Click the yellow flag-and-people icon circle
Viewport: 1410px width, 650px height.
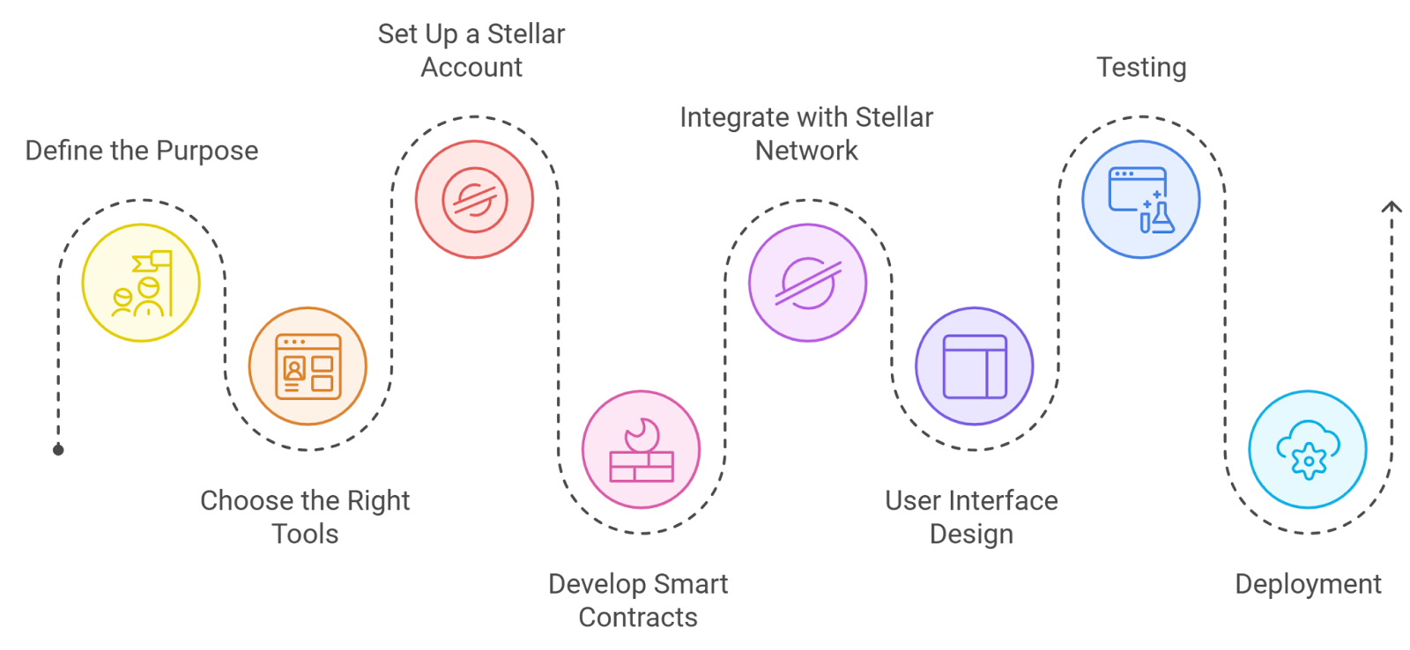coord(141,283)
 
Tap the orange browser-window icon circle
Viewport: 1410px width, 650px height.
coord(308,366)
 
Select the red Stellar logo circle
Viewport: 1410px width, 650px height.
coord(474,200)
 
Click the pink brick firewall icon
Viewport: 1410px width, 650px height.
coord(642,450)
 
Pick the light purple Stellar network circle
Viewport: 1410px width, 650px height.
coord(807,283)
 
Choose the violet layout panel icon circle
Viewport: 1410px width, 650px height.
coord(974,366)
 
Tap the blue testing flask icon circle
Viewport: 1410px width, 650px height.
coord(1140,200)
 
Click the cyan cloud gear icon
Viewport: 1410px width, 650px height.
coord(1308,450)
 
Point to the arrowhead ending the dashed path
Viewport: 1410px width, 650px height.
coord(1391,206)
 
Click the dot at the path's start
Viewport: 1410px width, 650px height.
coord(58,450)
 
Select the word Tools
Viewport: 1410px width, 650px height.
coord(305,535)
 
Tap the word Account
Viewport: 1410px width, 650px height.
coord(471,68)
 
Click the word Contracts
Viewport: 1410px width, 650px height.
coord(638,617)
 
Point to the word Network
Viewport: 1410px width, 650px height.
coord(806,151)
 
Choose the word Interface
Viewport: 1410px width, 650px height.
coord(1004,501)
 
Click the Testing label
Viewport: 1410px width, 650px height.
coord(1141,68)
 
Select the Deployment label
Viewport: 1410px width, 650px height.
coord(1308,584)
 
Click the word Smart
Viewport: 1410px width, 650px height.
coord(691,584)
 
